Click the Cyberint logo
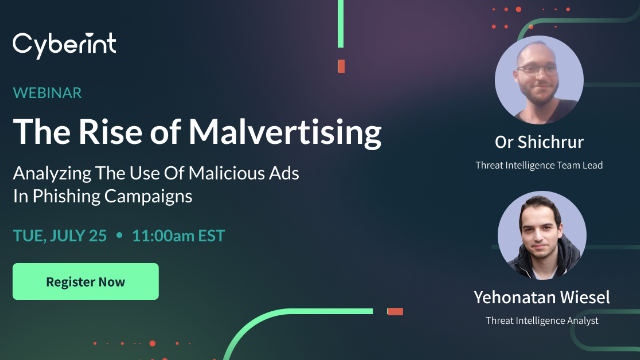click(64, 45)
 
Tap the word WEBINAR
click(48, 93)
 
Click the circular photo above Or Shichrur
click(539, 80)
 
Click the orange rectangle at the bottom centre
click(394, 311)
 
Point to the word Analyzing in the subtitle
click(50, 173)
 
